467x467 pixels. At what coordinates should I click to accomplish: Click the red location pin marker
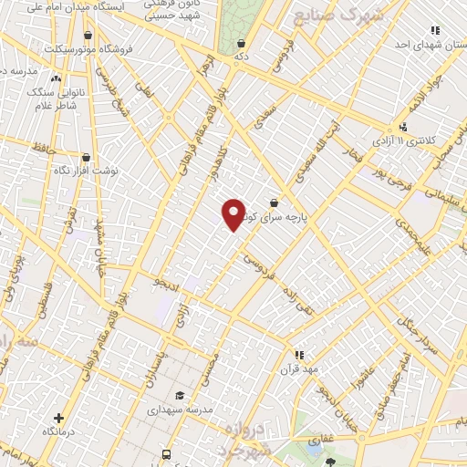(233, 213)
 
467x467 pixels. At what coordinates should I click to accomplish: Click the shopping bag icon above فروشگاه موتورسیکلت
(88, 36)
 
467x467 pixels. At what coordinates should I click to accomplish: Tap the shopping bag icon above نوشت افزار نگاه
(86, 157)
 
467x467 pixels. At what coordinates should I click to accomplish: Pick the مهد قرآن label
(298, 368)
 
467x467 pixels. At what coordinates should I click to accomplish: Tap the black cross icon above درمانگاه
(59, 417)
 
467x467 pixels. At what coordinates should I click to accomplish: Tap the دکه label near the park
(241, 56)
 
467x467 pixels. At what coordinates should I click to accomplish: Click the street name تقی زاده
(311, 315)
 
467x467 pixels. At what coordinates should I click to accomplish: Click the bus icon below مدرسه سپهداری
(165, 454)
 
